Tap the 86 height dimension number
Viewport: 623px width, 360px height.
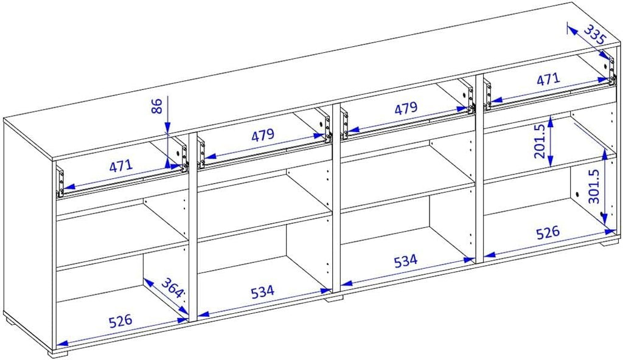[158, 106]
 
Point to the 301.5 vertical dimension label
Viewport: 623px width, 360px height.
[594, 187]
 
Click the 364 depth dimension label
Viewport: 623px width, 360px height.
[172, 287]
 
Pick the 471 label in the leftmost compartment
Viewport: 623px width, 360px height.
[121, 165]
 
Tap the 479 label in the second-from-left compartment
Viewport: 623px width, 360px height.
[263, 136]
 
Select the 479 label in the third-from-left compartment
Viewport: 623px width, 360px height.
[406, 108]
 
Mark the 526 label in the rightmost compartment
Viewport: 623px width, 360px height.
[548, 233]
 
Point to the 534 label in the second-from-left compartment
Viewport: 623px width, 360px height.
[263, 292]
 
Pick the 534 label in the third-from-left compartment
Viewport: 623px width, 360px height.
[406, 261]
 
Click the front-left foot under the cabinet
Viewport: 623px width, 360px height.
[59, 353]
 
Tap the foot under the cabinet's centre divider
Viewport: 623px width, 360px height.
[333, 298]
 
